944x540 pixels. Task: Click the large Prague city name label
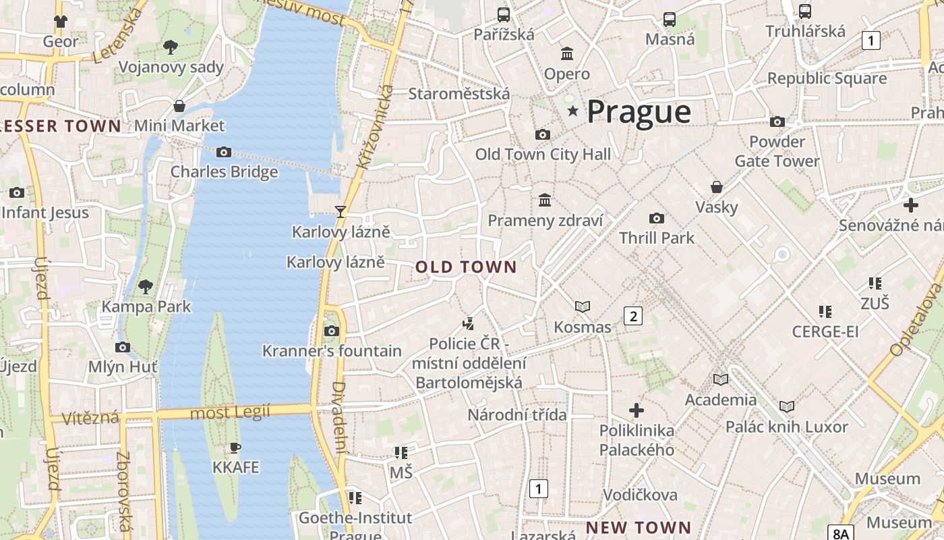(639, 112)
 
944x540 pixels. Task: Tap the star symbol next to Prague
(573, 111)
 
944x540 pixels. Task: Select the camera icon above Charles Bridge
(224, 153)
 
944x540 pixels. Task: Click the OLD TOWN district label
(466, 267)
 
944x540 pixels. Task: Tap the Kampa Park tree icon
(145, 287)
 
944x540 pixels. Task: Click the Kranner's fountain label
(332, 351)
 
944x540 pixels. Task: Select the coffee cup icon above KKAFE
(235, 448)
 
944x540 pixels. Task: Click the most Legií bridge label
(230, 412)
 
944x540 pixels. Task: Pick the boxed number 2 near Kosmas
(632, 316)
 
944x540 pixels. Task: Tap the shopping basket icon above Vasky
(717, 187)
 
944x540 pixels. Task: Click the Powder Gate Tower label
(777, 151)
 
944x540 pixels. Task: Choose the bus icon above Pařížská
(503, 14)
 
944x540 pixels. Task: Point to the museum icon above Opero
(567, 53)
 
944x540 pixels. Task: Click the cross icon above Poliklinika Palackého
(636, 410)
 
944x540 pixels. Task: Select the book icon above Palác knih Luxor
(787, 406)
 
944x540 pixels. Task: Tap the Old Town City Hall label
(543, 155)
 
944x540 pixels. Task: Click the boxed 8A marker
(840, 533)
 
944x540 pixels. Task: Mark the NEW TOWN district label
(638, 527)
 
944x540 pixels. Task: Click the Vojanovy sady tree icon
(171, 47)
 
